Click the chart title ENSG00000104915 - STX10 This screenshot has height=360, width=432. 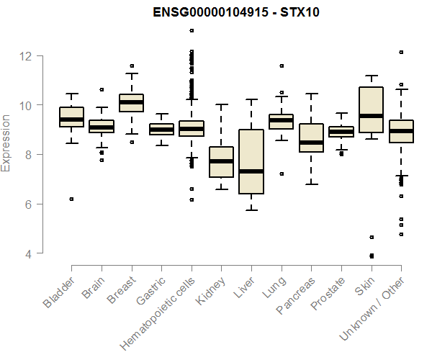[236, 12]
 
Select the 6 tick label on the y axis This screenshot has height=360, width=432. [26, 204]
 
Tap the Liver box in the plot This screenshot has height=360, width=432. [251, 161]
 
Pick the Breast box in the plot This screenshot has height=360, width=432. [132, 102]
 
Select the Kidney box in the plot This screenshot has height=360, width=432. [222, 162]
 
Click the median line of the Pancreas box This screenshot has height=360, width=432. [311, 143]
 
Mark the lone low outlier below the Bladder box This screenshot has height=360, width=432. [71, 199]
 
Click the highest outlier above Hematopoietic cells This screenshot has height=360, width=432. [192, 30]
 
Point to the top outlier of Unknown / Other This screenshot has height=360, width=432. [401, 52]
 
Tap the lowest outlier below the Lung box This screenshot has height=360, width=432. [282, 174]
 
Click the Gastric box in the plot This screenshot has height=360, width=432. [161, 129]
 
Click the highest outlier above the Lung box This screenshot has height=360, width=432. [282, 66]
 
